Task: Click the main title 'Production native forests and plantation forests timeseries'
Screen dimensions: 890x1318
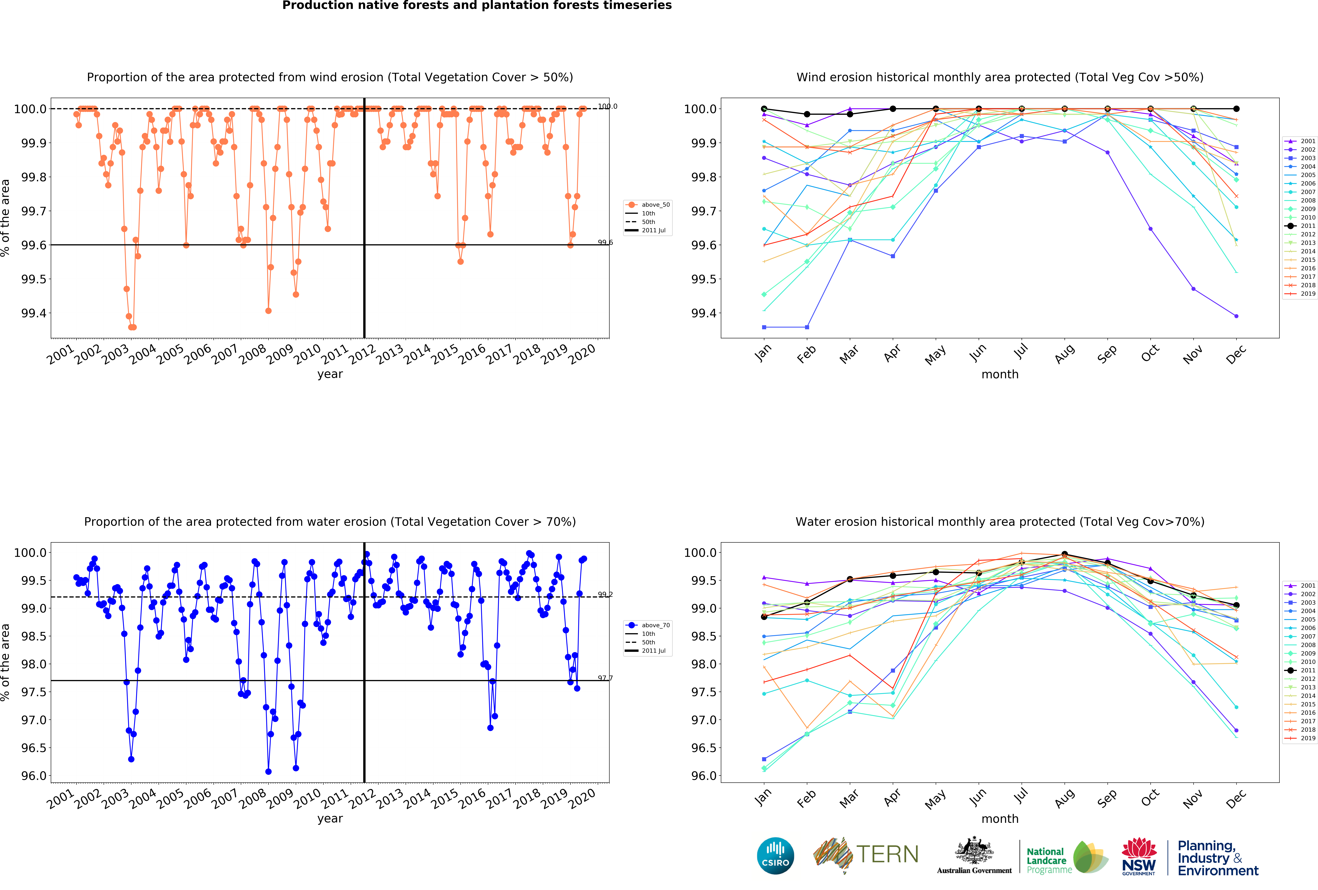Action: (x=477, y=6)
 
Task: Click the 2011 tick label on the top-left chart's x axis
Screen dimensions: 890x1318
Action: (x=335, y=354)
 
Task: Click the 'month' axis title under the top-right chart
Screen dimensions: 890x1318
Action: (x=1000, y=374)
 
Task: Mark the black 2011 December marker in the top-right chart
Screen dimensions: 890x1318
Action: (x=1236, y=109)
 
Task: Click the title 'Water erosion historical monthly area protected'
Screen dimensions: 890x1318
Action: (x=999, y=522)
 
